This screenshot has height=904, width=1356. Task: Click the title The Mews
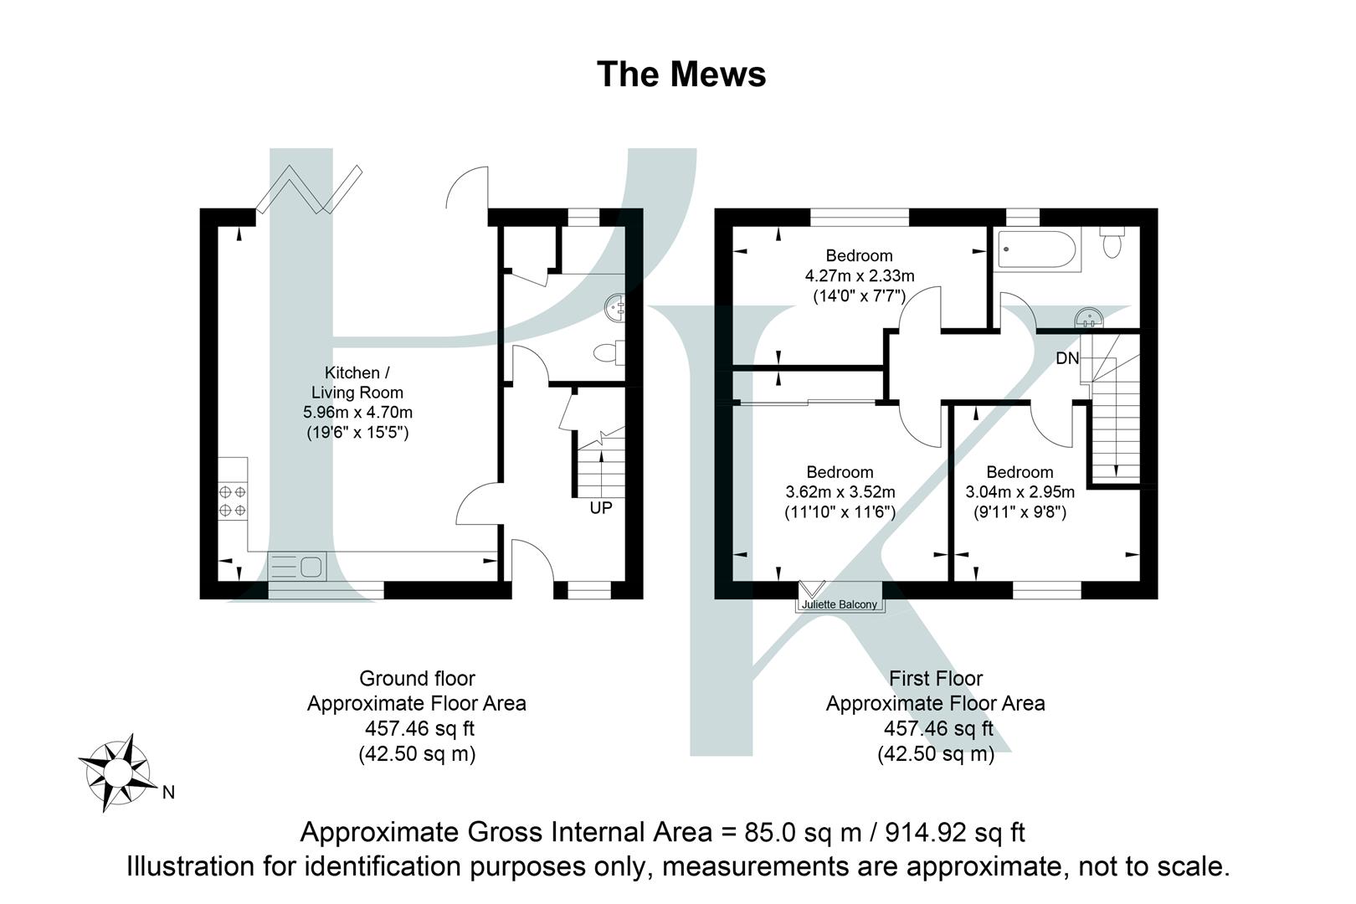[681, 74]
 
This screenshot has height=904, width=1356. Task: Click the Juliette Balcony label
[839, 604]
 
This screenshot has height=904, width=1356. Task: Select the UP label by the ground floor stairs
[601, 508]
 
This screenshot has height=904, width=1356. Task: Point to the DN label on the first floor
[1067, 358]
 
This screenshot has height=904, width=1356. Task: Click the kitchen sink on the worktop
[298, 568]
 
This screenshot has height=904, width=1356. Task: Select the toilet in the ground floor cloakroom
[609, 353]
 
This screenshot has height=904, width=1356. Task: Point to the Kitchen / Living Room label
[357, 383]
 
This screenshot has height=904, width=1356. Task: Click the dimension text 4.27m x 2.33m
[859, 275]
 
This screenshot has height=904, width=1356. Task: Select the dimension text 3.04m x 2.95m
[1020, 492]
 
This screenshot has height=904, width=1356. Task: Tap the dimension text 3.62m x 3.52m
[840, 492]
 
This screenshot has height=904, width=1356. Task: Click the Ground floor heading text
[417, 678]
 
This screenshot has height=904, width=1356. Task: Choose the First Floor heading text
[935, 678]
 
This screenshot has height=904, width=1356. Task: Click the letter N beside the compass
[168, 792]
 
